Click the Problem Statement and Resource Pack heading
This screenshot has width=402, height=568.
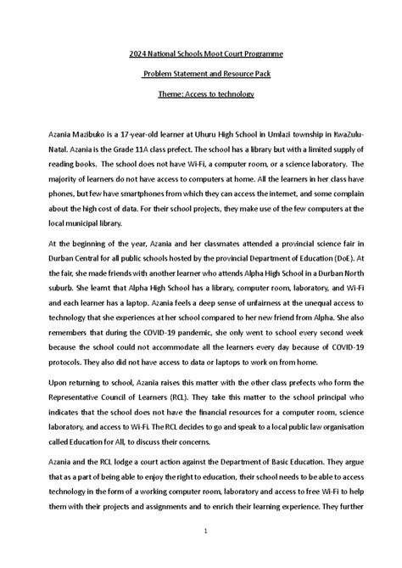(x=200, y=74)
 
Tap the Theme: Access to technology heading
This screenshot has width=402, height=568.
(x=200, y=93)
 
